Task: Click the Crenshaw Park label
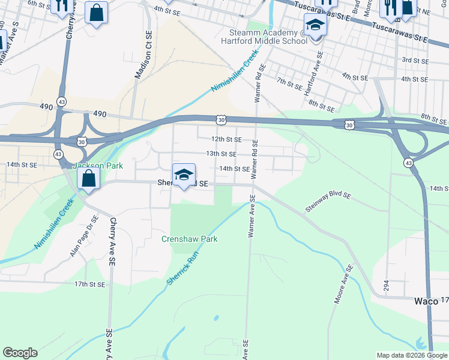click(189, 239)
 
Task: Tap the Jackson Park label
click(97, 166)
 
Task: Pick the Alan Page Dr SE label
click(83, 237)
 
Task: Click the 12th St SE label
click(226, 139)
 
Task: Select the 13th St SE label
click(221, 154)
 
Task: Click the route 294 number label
click(386, 286)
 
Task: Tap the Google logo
click(20, 352)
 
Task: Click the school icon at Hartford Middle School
click(315, 26)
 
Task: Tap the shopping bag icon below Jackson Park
click(88, 178)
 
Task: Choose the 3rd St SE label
click(414, 60)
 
